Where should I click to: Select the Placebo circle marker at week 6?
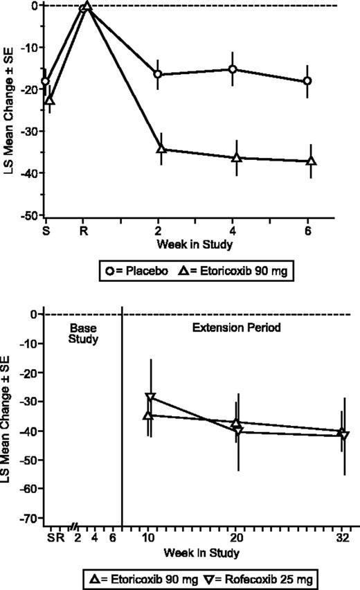[x=307, y=81]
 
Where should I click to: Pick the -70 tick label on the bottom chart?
[x=28, y=517]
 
